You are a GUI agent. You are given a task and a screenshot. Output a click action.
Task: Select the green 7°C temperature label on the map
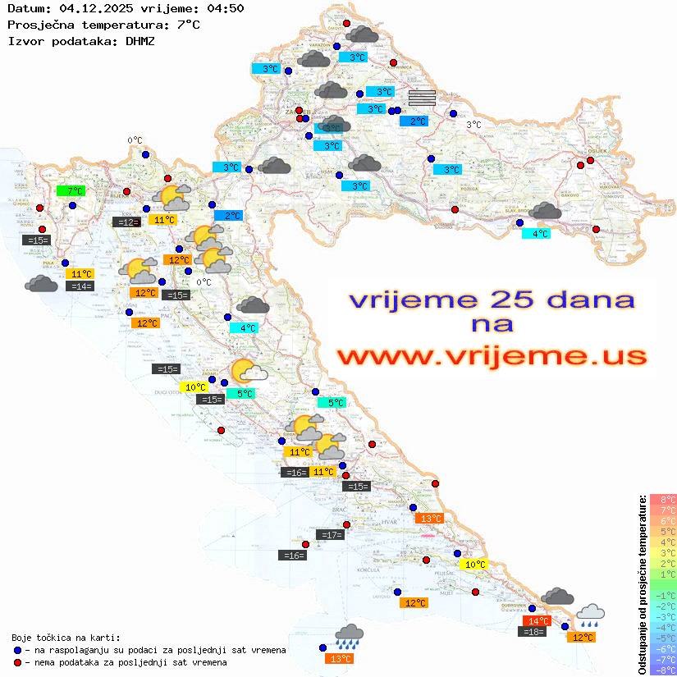(71, 191)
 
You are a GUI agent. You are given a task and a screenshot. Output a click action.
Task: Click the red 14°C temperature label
(537, 621)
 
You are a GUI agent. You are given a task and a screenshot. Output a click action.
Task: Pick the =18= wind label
(533, 632)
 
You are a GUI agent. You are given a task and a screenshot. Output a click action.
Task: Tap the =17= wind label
(330, 535)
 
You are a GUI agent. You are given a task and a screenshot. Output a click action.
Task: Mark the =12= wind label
(126, 222)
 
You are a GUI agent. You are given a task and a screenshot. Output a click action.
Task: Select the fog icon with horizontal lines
(422, 98)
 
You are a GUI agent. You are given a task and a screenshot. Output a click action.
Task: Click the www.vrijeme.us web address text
(492, 356)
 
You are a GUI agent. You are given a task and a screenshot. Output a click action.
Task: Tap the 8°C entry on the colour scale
(663, 500)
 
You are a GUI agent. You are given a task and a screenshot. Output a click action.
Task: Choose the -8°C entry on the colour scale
(663, 670)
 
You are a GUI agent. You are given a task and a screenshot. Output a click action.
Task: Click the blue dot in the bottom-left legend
(18, 650)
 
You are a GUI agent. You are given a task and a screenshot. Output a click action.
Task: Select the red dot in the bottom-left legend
(18, 662)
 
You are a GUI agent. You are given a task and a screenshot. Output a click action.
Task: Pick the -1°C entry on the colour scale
(663, 595)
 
